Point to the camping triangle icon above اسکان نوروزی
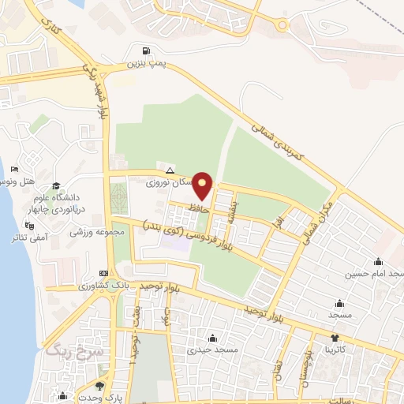[169, 170]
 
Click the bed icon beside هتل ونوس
[13, 170]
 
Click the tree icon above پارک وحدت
[99, 386]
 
